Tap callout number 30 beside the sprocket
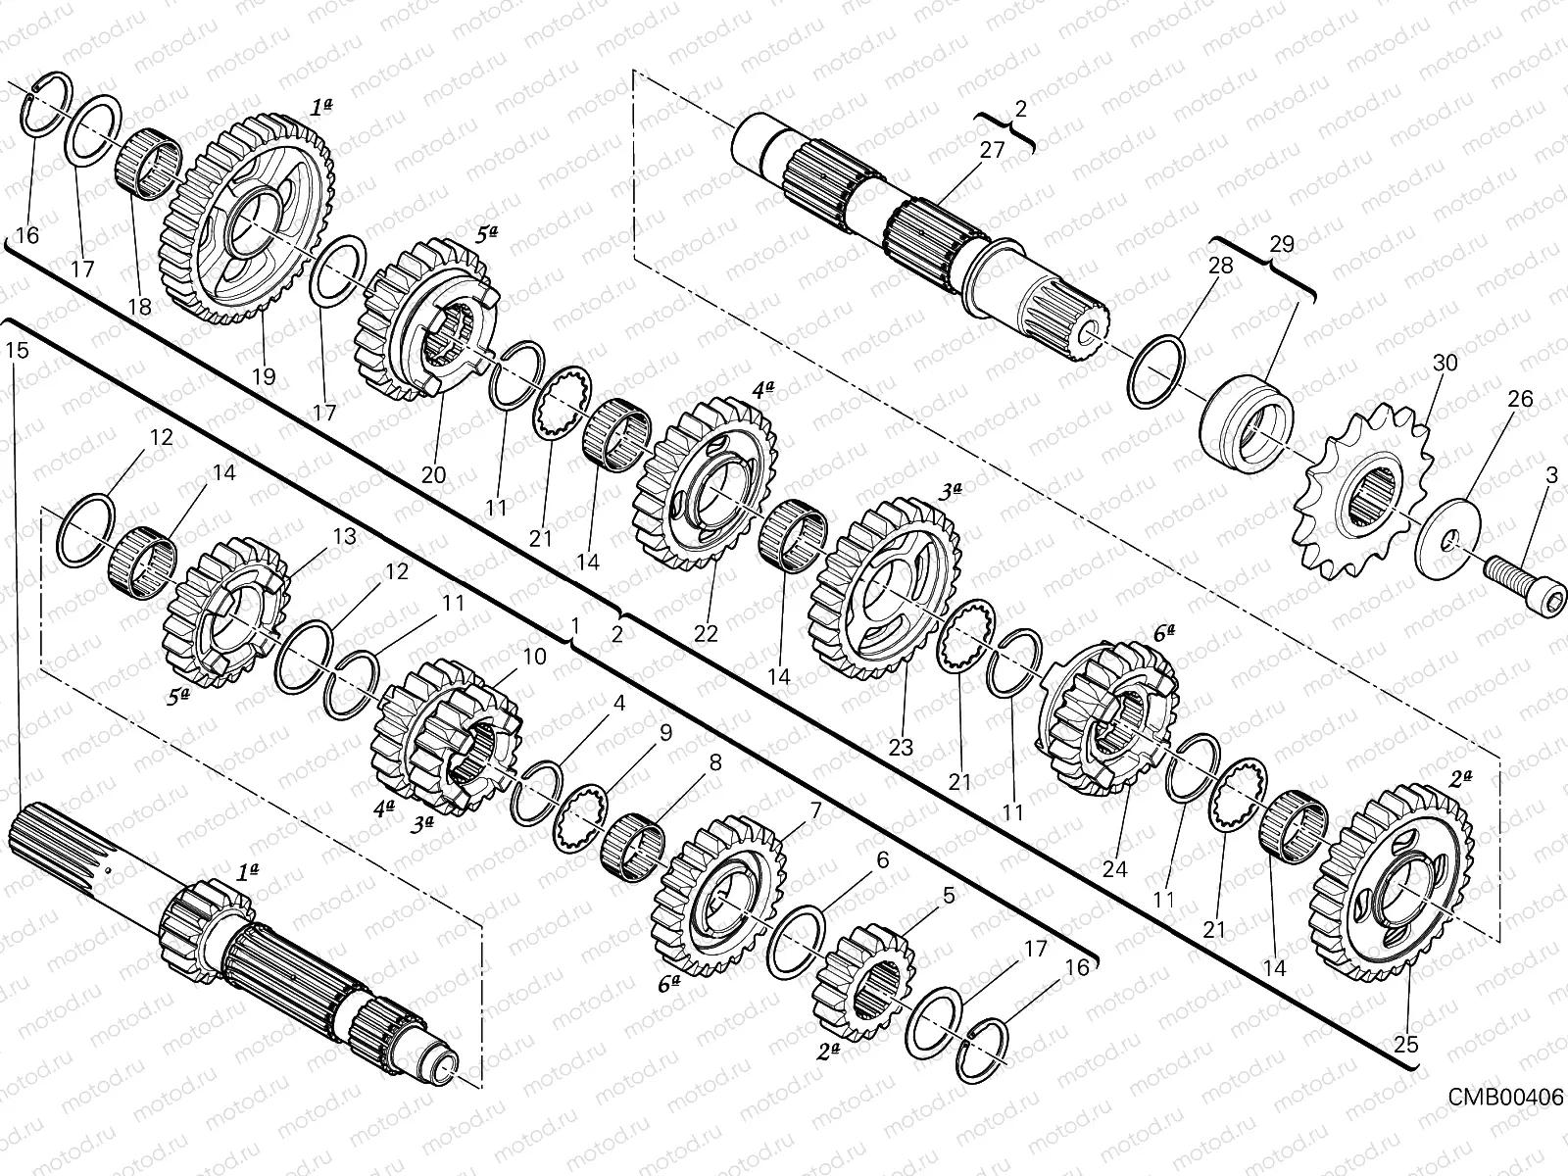(x=1445, y=363)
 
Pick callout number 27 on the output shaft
(x=992, y=150)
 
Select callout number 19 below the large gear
(x=264, y=375)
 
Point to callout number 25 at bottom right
(x=1405, y=1045)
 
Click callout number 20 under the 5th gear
(x=433, y=475)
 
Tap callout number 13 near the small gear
(x=344, y=537)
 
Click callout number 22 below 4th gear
(x=707, y=635)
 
